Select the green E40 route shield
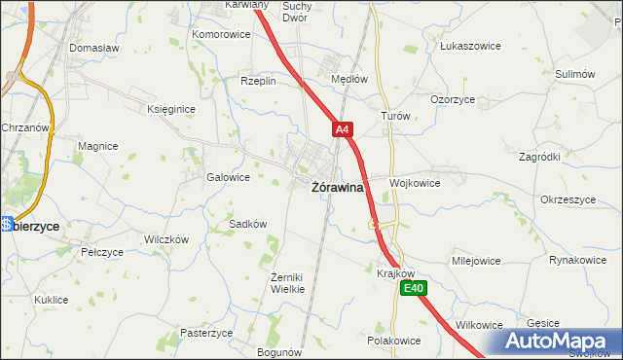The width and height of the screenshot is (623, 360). click(414, 288)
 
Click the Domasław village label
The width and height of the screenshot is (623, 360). click(93, 47)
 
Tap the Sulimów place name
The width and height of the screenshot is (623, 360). click(574, 74)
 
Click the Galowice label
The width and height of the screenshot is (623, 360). click(229, 177)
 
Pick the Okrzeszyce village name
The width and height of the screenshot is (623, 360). click(568, 199)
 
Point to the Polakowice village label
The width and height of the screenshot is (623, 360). click(393, 341)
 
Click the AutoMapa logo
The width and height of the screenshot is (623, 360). click(555, 341)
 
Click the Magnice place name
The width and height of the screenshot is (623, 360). click(98, 146)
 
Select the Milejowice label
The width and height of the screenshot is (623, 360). click(476, 261)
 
